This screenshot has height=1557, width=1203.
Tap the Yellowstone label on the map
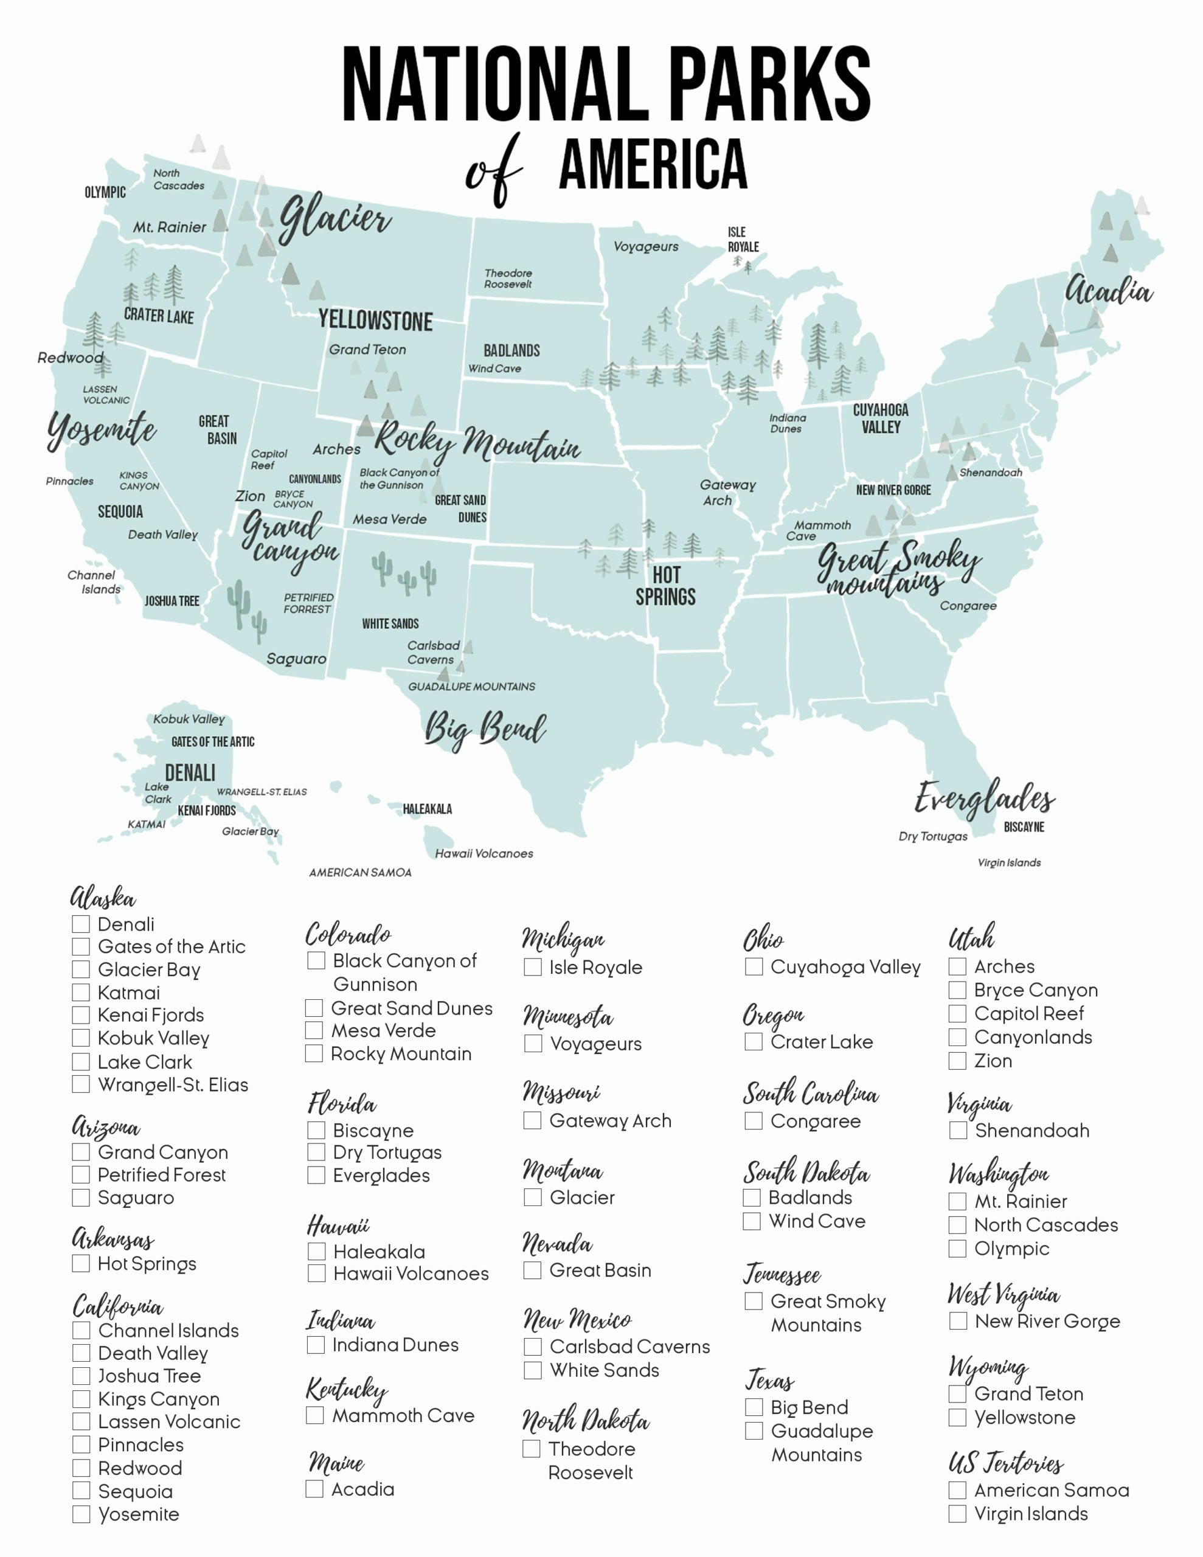(375, 321)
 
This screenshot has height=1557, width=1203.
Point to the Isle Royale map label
(743, 240)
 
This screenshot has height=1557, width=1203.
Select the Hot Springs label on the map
(665, 586)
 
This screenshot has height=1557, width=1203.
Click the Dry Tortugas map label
(933, 836)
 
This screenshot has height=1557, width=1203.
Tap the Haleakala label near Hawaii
(427, 809)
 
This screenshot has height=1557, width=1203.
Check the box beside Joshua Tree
(81, 1376)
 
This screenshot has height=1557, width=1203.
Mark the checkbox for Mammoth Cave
(315, 1415)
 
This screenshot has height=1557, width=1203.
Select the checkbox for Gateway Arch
(532, 1121)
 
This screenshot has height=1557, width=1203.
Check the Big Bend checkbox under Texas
(754, 1407)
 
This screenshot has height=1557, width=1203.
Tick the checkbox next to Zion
(957, 1061)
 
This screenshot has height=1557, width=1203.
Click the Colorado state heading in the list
(348, 935)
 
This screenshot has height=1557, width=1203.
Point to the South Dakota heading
(806, 1173)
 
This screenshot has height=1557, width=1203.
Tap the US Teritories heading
(1005, 1463)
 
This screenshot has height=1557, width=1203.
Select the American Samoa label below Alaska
(360, 873)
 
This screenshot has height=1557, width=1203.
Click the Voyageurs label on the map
(646, 247)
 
